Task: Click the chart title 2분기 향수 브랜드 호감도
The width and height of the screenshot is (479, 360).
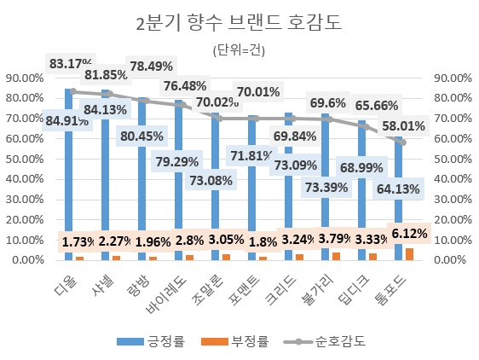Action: click(239, 23)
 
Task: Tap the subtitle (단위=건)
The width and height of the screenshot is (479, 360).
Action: click(239, 50)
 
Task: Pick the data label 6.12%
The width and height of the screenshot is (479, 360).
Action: click(409, 232)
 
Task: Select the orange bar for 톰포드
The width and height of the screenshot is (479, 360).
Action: click(410, 253)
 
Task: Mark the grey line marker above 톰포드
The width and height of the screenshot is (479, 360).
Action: click(402, 142)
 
